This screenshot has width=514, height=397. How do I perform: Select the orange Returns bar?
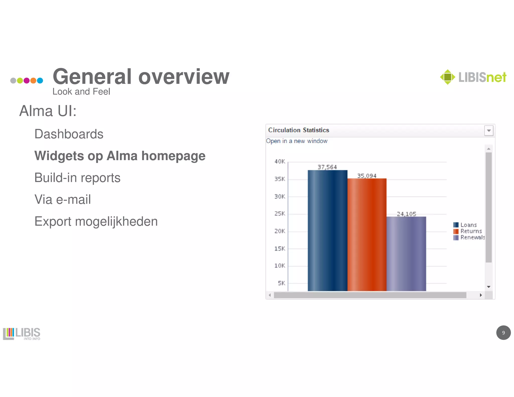click(x=367, y=235)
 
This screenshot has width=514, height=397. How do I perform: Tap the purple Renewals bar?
click(x=406, y=253)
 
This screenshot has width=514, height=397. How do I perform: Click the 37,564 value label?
click(x=327, y=167)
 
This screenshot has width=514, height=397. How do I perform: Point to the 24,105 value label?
click(x=406, y=214)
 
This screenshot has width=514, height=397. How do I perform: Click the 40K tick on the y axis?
click(x=280, y=161)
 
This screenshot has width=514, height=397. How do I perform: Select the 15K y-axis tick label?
click(x=280, y=248)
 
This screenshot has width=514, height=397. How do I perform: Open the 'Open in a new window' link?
click(x=297, y=141)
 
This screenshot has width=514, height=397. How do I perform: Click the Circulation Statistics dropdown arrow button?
click(x=489, y=130)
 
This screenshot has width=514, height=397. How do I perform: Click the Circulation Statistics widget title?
click(x=298, y=130)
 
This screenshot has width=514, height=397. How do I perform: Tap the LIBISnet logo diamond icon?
click(x=447, y=77)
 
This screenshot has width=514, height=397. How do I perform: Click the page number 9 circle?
click(x=503, y=333)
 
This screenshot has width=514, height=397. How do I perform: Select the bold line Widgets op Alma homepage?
click(x=120, y=156)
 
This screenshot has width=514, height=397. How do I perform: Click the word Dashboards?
click(x=69, y=134)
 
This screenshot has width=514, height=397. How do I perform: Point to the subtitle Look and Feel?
click(x=81, y=92)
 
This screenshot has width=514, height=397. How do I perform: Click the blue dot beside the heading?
click(x=40, y=81)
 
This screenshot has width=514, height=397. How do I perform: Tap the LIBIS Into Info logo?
click(x=22, y=334)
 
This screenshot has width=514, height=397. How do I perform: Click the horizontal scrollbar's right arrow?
click(x=481, y=295)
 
